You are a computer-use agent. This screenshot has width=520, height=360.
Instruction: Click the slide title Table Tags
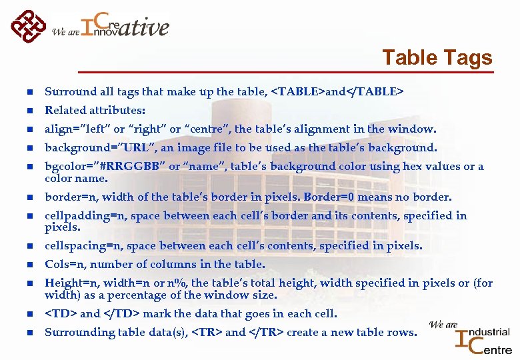[x=437, y=59]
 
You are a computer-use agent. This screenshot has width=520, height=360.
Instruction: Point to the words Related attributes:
[x=95, y=111]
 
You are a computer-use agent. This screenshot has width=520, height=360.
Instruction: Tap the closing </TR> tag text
[x=267, y=332]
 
